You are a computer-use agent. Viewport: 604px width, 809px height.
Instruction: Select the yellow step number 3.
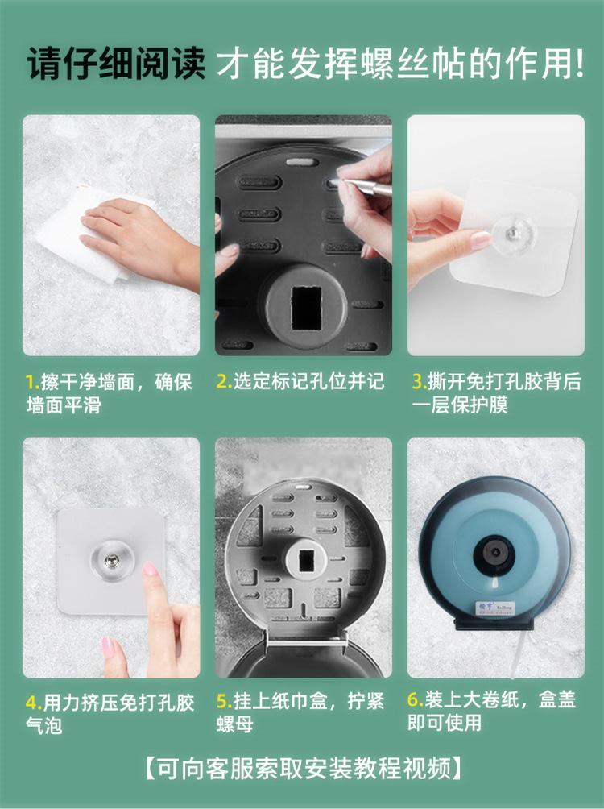pos(419,382)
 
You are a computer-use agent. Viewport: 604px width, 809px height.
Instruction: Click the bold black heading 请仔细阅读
pos(115,64)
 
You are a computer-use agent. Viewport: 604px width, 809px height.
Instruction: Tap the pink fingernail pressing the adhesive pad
pos(150,569)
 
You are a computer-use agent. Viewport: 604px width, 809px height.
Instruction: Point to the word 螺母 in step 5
pos(234,724)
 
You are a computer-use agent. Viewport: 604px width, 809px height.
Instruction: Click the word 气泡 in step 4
pos(43,725)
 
